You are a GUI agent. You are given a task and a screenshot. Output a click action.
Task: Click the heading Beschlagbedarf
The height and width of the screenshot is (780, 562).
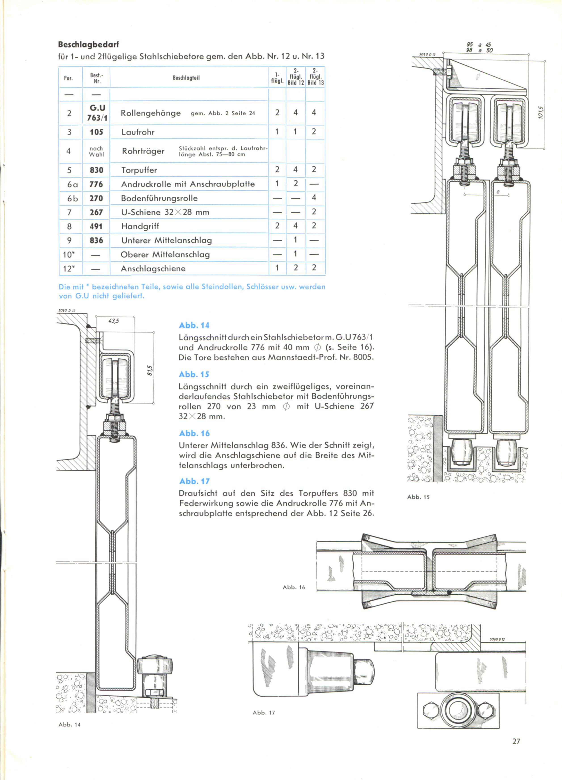[x=89, y=45]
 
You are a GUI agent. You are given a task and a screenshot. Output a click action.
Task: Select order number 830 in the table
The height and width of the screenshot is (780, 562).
[x=96, y=170]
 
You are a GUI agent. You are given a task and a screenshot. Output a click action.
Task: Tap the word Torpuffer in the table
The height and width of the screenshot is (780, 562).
[x=139, y=170]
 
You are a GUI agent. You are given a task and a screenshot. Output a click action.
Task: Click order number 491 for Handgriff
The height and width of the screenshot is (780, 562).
[x=96, y=226]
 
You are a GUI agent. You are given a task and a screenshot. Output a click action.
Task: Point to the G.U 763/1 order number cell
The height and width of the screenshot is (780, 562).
[x=97, y=113]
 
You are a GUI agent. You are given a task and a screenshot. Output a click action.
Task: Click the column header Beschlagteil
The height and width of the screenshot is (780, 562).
[x=186, y=78]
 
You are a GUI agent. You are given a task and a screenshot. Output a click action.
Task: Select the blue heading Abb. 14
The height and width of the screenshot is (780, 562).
[x=194, y=325]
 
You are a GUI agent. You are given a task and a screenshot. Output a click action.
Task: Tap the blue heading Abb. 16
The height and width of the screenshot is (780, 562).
[x=194, y=433]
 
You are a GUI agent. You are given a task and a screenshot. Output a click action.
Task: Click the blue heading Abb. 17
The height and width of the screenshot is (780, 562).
[x=194, y=481]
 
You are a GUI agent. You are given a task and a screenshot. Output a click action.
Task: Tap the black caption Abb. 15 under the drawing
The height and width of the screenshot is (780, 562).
[x=418, y=497]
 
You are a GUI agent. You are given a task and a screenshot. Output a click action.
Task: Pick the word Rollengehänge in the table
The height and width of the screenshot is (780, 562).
[x=151, y=113]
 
